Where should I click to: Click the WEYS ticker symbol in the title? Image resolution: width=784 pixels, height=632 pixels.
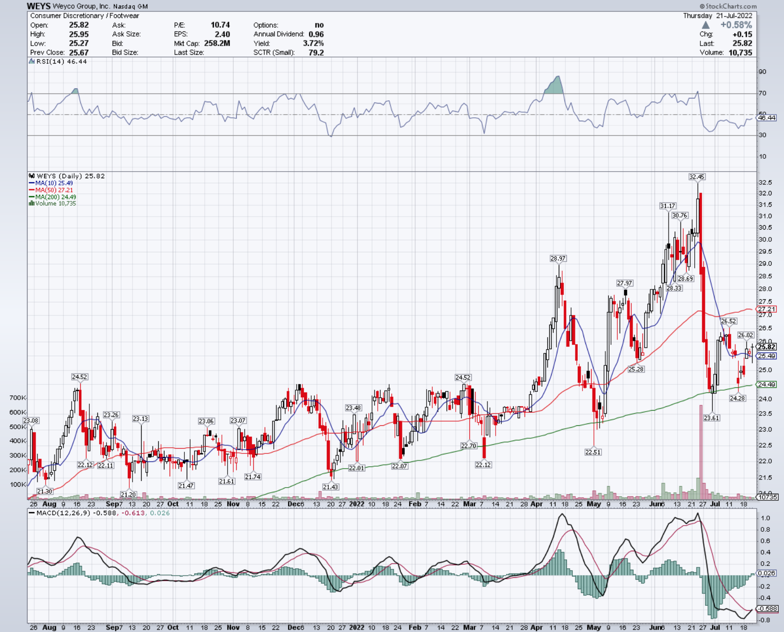point(38,6)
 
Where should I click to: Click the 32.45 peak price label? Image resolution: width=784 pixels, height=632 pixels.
point(697,177)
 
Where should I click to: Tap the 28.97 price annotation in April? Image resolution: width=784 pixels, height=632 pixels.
point(558,259)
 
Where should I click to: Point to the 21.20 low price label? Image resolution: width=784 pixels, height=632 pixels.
point(128,495)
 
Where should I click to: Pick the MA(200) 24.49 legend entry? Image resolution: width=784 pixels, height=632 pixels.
point(53,197)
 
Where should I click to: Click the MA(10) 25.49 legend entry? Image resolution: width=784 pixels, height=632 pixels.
point(51,183)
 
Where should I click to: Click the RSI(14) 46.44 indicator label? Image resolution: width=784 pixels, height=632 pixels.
point(58,62)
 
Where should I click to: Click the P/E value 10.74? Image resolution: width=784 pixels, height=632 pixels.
point(220,25)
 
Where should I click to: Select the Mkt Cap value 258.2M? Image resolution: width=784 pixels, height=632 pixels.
point(217,43)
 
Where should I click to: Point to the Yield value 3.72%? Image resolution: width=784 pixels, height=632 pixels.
point(314,43)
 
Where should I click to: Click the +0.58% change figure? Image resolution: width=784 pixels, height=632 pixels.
point(736,25)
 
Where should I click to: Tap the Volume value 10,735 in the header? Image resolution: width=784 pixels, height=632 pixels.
point(740,52)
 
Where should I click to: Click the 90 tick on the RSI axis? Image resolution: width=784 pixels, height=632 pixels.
point(763,72)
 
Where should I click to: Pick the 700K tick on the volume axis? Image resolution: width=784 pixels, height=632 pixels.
point(18,398)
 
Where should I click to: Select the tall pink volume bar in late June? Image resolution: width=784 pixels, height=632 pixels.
point(700,452)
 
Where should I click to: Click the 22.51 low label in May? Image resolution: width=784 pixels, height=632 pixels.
point(593,452)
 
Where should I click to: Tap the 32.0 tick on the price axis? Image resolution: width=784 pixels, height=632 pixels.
point(765,193)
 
